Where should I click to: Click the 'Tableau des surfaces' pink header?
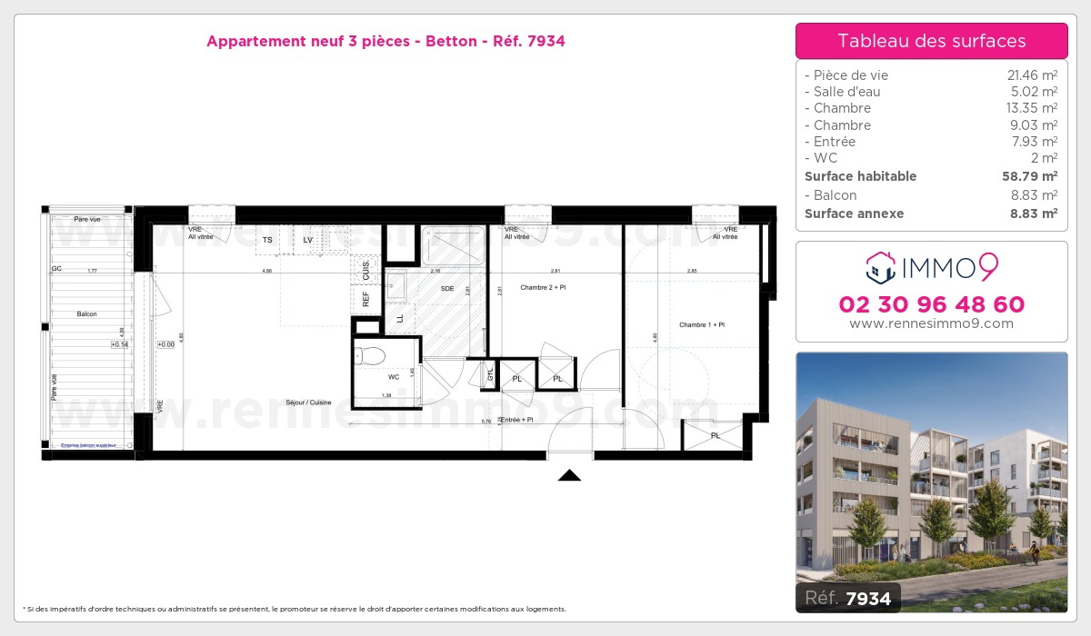[x=931, y=41]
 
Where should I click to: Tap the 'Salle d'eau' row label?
[x=842, y=92]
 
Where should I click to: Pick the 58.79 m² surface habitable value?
[x=1029, y=176]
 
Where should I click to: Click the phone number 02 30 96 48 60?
[x=931, y=304]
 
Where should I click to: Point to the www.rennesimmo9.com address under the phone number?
[x=931, y=323]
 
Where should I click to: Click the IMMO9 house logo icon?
[x=881, y=268]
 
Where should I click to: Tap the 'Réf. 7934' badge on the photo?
[x=848, y=598]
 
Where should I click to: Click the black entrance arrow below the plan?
[x=569, y=475]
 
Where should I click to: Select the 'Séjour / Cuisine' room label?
[x=308, y=402]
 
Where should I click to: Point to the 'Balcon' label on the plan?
[x=87, y=313]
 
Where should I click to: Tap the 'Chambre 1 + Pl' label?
[x=701, y=324]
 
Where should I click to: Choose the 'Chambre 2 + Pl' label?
[x=544, y=287]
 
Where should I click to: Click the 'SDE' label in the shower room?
[x=447, y=288]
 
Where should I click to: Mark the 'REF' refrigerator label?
[x=366, y=299]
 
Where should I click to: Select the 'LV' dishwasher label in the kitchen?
[x=308, y=240]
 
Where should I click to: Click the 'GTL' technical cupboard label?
[x=490, y=373]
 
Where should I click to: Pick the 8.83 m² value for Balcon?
[x=1035, y=195]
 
